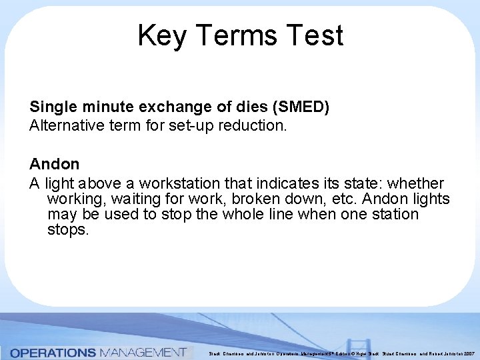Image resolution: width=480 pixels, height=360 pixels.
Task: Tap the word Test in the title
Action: click(x=313, y=36)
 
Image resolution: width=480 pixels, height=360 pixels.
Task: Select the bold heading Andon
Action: click(x=54, y=164)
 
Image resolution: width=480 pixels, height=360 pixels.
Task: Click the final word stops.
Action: click(x=68, y=231)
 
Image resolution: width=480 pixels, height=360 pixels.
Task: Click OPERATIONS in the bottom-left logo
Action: click(x=53, y=352)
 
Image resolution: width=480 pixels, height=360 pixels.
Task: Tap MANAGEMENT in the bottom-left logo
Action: click(x=143, y=352)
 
